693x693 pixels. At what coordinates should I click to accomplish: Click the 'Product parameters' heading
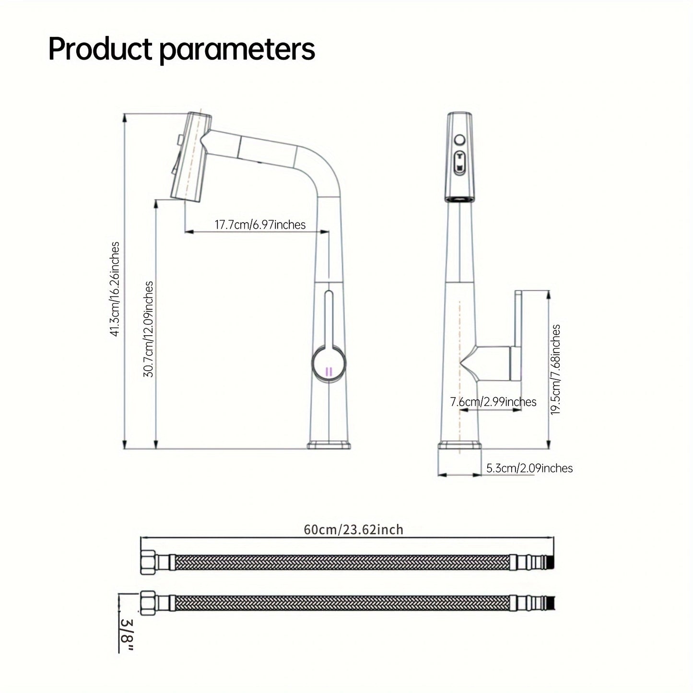pos(181,49)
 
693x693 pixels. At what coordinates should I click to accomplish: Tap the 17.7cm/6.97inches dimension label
pos(259,224)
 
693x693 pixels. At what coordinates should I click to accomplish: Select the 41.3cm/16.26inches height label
pos(115,289)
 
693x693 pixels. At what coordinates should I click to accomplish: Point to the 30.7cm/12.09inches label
pos(149,329)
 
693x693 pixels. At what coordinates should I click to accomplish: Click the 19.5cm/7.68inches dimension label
pos(555,369)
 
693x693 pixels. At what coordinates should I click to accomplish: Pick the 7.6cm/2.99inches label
pos(493,402)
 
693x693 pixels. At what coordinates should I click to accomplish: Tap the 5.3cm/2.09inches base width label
pos(529,468)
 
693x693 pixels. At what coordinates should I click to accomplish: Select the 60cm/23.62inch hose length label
pos(353,529)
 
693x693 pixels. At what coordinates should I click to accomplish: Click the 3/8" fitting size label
pos(127,634)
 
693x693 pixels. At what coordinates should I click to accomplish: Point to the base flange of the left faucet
pos(329,445)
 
